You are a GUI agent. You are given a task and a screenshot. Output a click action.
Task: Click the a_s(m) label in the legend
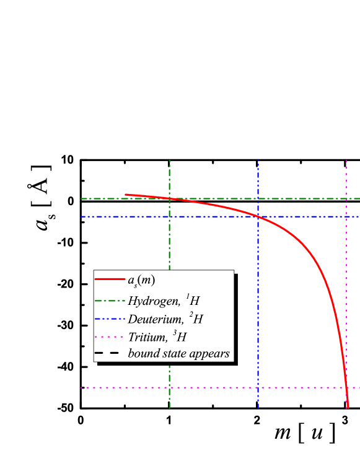(141, 280)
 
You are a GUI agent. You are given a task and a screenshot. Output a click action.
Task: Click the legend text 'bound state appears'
(179, 354)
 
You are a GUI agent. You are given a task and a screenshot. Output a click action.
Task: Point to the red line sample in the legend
(110, 279)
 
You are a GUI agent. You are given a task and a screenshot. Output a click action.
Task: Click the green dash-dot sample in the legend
(110, 302)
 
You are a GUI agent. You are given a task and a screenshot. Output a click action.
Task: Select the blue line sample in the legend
(110, 320)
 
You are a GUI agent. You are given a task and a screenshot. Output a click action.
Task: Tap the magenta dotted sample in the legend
(110, 338)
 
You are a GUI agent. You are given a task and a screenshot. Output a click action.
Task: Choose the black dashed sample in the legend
(110, 354)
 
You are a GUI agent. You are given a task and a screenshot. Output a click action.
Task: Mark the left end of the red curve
(126, 195)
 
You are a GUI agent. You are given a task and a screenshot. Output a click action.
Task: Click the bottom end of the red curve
(348, 408)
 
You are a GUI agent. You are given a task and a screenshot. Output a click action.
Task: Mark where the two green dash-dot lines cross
(169, 199)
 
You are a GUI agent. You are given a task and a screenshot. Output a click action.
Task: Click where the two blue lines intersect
(258, 217)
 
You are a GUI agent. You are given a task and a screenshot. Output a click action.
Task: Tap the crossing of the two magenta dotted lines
(346, 388)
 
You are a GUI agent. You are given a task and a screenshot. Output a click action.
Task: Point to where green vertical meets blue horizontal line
(169, 217)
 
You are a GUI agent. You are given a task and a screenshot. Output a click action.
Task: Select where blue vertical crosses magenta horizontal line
(258, 388)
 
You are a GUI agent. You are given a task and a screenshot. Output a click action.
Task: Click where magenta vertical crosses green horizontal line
(346, 199)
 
